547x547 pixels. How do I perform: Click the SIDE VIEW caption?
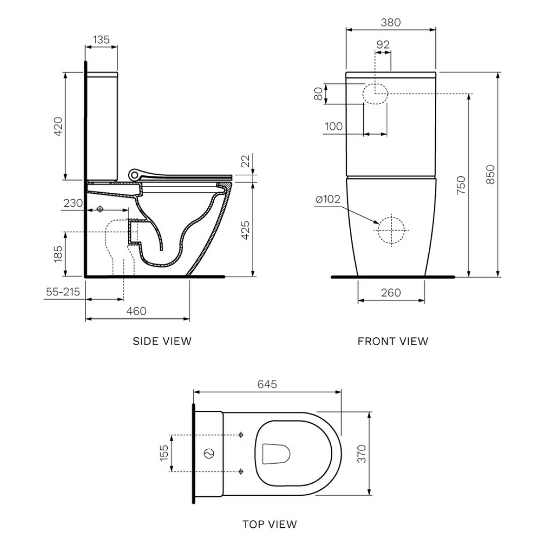[162, 341]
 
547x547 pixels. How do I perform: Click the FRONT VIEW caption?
[393, 341]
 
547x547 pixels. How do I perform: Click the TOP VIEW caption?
[270, 524]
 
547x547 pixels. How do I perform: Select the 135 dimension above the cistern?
[101, 39]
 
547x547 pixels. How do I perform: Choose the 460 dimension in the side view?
[137, 311]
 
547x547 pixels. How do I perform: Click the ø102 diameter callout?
[328, 199]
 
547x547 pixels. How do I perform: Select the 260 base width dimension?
[391, 292]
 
